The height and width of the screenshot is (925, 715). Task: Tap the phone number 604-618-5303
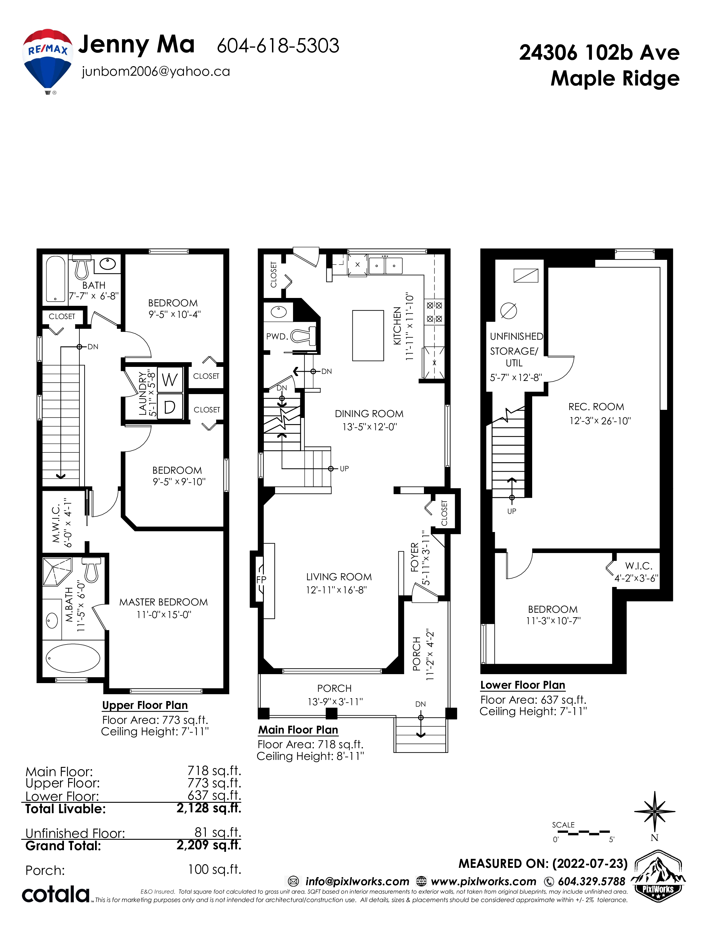pyautogui.click(x=278, y=46)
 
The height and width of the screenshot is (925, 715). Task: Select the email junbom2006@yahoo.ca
pyautogui.click(x=156, y=71)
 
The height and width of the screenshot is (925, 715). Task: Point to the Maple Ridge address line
pyautogui.click(x=615, y=79)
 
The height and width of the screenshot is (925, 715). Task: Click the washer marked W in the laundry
pyautogui.click(x=170, y=380)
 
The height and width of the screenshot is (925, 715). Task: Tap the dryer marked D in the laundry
pyautogui.click(x=170, y=407)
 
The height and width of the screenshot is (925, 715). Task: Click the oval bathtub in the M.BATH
pyautogui.click(x=73, y=659)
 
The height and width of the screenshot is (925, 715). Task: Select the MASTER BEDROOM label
pyautogui.click(x=163, y=602)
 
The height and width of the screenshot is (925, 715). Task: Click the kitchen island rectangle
pyautogui.click(x=368, y=336)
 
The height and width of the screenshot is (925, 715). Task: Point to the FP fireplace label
pyautogui.click(x=261, y=579)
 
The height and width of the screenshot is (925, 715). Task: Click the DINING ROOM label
pyautogui.click(x=369, y=414)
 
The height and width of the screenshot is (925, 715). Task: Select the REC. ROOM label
pyautogui.click(x=596, y=407)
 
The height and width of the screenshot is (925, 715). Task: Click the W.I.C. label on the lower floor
pyautogui.click(x=639, y=566)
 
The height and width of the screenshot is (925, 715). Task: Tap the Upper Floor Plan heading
pyautogui.click(x=145, y=705)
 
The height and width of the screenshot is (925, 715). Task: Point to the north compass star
pyautogui.click(x=655, y=811)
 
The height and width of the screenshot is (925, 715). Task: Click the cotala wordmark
pyautogui.click(x=56, y=894)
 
